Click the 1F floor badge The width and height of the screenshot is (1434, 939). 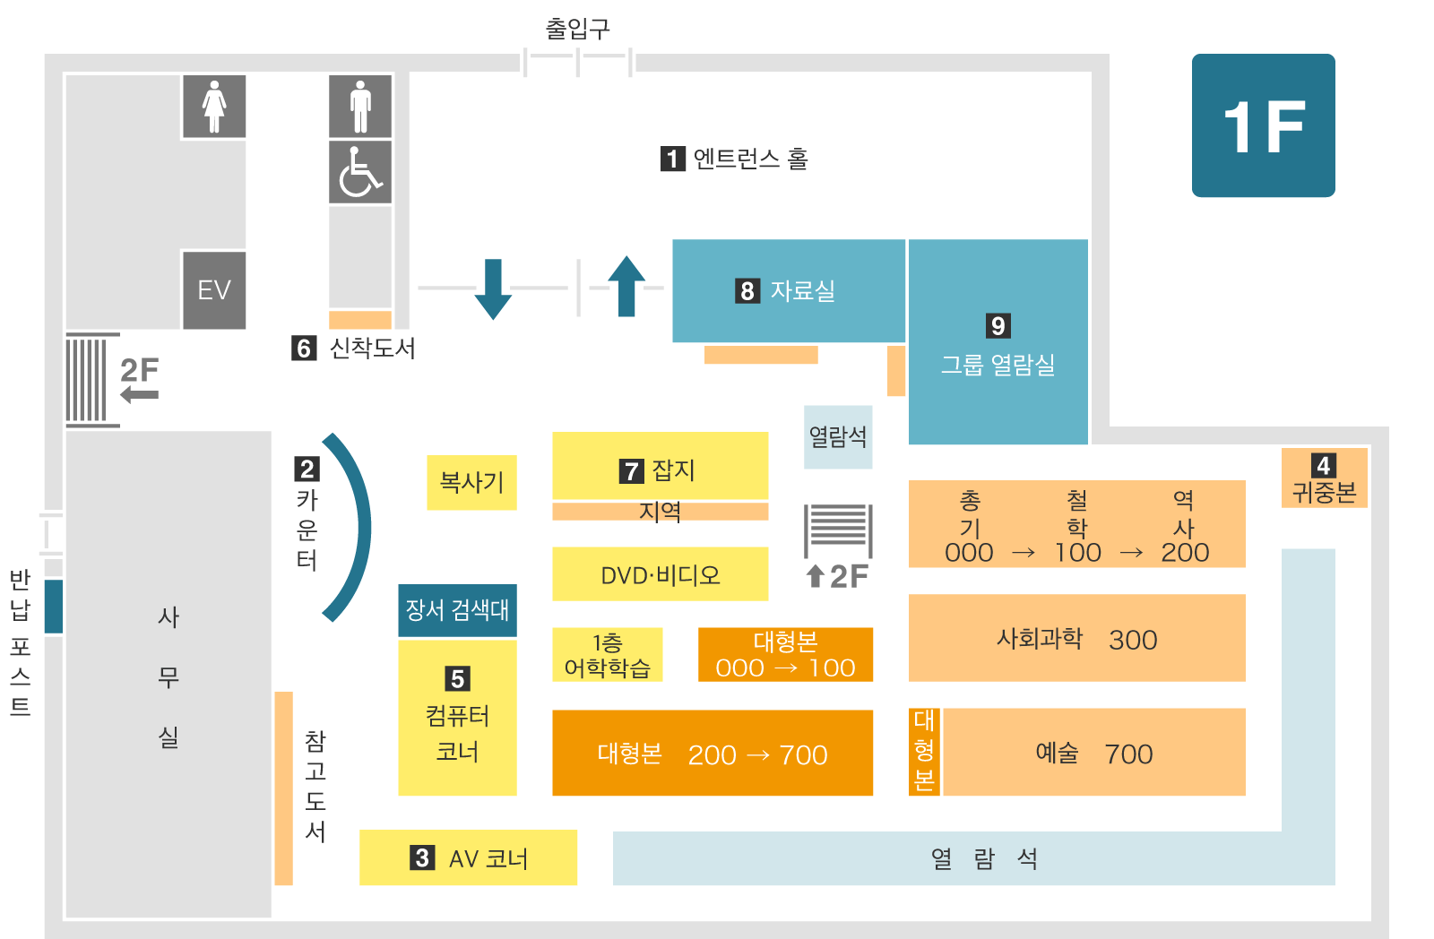pos(1263,125)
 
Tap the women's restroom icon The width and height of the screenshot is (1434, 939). pos(214,107)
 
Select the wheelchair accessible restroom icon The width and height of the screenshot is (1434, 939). pos(360,172)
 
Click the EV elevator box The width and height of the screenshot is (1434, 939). pos(214,290)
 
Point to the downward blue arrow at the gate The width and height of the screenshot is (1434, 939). pos(493,289)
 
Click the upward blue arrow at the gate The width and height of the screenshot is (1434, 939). pos(626,287)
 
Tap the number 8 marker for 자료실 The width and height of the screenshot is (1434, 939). pos(747,291)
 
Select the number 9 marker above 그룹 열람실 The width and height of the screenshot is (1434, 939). pos(998,326)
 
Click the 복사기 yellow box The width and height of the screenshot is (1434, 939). pos(471,483)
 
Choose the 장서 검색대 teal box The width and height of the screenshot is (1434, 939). pos(457,611)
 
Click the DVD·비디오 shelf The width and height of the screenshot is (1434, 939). pos(661,574)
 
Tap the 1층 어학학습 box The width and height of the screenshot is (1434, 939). pos(608,655)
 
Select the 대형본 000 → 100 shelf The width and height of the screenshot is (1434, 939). pos(785,655)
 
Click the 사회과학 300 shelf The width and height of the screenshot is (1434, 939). pos(1077,638)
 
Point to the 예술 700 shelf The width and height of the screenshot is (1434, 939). pos(1094,753)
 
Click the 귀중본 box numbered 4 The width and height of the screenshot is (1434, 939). pos(1325,478)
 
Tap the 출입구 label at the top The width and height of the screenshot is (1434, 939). pos(578,29)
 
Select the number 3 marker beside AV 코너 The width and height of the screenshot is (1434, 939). pos(422,857)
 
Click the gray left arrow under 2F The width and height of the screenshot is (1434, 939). pos(140,395)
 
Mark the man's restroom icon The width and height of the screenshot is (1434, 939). pos(360,107)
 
